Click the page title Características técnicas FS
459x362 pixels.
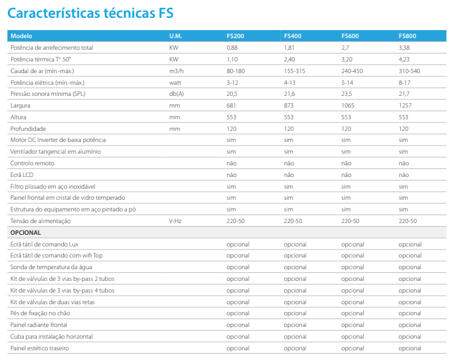point(91,12)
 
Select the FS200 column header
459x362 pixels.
point(235,36)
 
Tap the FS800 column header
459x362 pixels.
point(407,36)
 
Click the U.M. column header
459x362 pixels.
point(175,36)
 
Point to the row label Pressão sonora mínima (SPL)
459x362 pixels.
point(48,93)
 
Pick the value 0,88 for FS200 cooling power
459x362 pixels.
point(231,47)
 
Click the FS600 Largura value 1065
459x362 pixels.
point(348,105)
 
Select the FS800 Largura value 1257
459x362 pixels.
point(406,105)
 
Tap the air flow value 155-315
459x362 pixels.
point(295,70)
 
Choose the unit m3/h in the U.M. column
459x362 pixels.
point(177,70)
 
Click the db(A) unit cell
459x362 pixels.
point(177,93)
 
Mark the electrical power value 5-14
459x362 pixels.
point(347,82)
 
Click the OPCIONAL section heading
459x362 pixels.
point(26,233)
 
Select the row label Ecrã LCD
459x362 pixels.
point(22,175)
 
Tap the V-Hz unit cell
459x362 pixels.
point(175,221)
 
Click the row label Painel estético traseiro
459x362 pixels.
point(40,348)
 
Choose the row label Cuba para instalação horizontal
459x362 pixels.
point(52,337)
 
